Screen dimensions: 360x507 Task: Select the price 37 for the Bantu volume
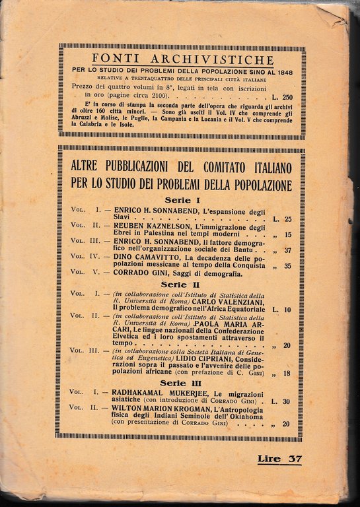287,250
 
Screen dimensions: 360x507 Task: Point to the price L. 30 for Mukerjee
281,401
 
